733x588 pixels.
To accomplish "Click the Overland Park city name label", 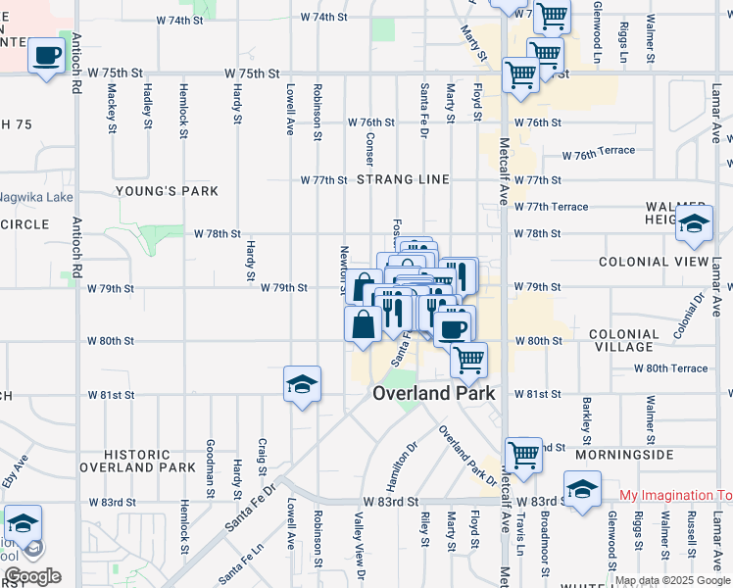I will point(433,393).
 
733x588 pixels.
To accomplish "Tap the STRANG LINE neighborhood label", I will point(403,180).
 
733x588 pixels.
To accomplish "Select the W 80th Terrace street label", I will point(670,368).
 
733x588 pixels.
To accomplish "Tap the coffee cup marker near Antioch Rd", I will point(46,56).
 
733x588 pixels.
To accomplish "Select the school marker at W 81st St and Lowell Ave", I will point(302,385).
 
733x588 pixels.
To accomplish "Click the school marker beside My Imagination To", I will point(582,490).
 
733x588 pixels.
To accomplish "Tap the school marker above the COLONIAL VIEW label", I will point(694,225).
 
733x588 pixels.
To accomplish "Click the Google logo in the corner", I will point(31,576).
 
